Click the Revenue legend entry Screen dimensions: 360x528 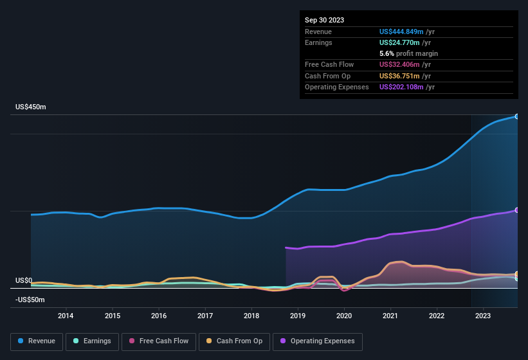click(x=37, y=341)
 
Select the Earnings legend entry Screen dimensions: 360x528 click(x=92, y=341)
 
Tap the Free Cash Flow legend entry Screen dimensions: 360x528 click(x=159, y=341)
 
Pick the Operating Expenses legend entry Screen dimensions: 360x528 click(x=318, y=341)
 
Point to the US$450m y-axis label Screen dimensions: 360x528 click(x=31, y=107)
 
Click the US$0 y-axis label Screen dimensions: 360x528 click(x=24, y=280)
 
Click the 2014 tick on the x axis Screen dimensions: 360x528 click(x=66, y=316)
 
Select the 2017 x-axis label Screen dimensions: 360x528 click(x=205, y=316)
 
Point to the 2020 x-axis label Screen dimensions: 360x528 click(x=344, y=316)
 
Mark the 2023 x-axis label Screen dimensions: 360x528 click(x=483, y=316)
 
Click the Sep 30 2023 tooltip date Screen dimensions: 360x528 click(x=324, y=20)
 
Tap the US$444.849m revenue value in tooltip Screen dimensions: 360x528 click(x=402, y=32)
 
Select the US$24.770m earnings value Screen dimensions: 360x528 click(x=400, y=42)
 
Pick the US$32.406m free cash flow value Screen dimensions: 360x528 click(x=400, y=64)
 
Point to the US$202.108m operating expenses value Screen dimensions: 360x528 click(x=402, y=87)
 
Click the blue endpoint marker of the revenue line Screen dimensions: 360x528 click(x=516, y=116)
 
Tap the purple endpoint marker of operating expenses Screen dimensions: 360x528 click(x=516, y=210)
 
